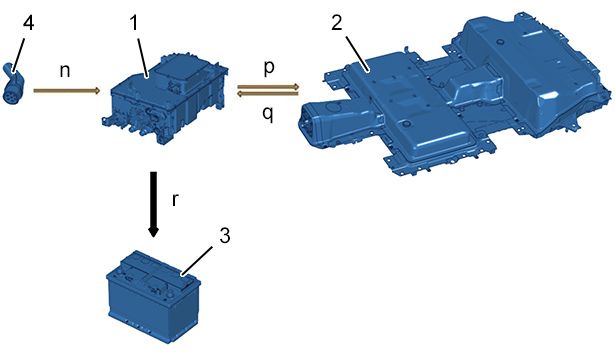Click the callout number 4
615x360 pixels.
coord(28,23)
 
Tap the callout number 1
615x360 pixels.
coord(134,23)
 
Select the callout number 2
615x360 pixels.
coord(337,23)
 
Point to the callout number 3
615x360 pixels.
coord(224,236)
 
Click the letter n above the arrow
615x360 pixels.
coord(65,71)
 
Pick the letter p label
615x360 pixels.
coord(269,67)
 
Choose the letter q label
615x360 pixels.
coord(268,114)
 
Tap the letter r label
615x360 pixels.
coord(175,200)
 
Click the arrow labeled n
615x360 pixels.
coord(67,91)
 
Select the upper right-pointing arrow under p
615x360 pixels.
coord(268,86)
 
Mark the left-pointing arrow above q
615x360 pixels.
coord(268,93)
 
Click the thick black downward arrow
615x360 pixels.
coord(153,204)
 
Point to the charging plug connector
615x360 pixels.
coord(13,84)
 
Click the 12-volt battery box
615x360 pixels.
coord(154,297)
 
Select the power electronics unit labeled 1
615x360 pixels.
coord(166,98)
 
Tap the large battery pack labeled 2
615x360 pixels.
coord(455,96)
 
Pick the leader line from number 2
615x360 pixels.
coord(357,54)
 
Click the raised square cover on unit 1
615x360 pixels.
coord(179,73)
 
